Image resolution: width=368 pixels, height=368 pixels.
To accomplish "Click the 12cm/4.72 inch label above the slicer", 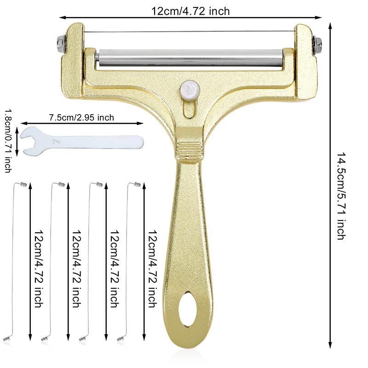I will click(190, 10).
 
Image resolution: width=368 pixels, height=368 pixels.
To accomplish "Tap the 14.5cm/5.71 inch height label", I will click(341, 196).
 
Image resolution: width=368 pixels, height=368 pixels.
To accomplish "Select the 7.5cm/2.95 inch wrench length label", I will click(81, 117).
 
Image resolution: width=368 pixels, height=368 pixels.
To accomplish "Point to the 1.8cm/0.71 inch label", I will click(8, 141).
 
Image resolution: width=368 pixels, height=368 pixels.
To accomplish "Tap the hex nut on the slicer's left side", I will click(60, 44).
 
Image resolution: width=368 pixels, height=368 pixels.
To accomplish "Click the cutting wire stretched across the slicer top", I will click(189, 31).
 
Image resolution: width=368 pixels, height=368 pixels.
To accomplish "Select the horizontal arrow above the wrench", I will click(82, 123).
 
